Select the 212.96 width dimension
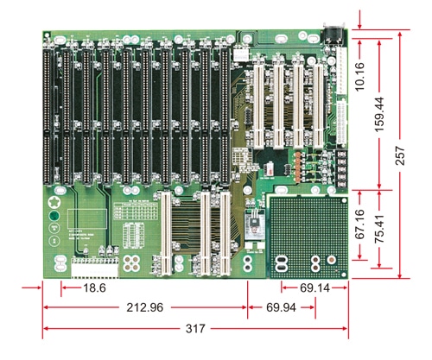coord(145,307)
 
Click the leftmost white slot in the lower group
coord(160,233)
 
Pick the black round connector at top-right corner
coord(334,37)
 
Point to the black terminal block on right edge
coord(342,168)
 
